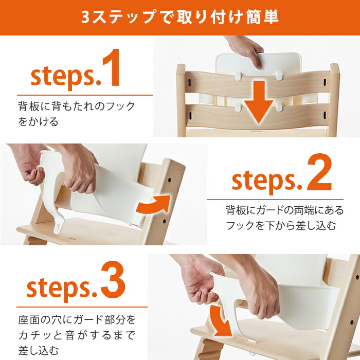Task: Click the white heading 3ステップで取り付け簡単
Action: click(180, 16)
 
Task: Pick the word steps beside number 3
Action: click(60, 289)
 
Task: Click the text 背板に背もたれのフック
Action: click(77, 107)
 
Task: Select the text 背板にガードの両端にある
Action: click(284, 210)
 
